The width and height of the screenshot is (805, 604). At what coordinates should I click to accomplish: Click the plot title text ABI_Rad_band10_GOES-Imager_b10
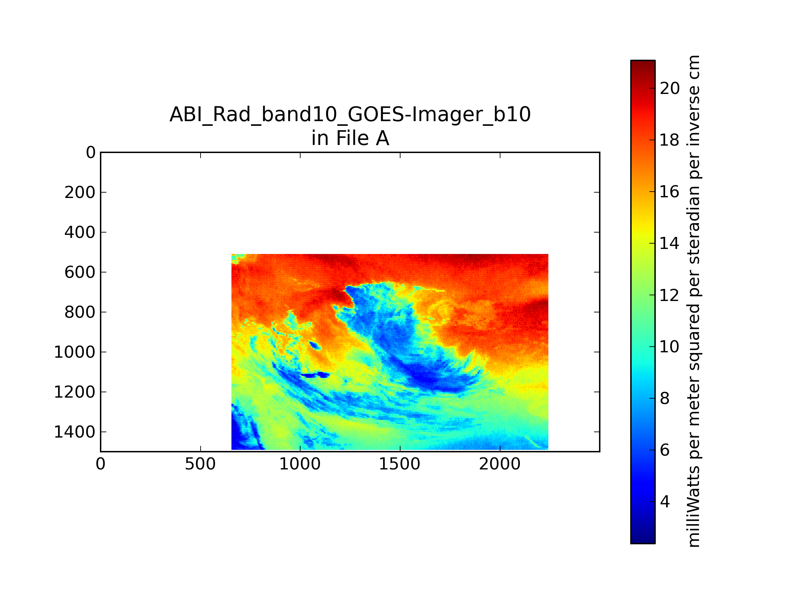[350, 115]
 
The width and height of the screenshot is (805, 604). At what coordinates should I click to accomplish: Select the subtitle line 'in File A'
[350, 138]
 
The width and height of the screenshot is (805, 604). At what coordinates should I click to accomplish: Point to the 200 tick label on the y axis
[80, 192]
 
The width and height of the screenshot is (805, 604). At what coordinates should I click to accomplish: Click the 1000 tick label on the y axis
[74, 352]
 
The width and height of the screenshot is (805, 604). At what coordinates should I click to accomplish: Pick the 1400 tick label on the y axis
[74, 432]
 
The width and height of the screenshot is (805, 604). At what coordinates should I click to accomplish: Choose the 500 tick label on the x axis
[201, 464]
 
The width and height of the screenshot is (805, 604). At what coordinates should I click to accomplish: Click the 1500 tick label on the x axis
[400, 464]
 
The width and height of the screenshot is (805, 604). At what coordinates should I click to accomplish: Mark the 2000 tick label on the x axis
[500, 464]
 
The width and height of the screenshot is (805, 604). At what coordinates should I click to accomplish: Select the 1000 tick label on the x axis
[300, 464]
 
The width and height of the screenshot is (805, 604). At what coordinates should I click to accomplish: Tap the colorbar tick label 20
[669, 89]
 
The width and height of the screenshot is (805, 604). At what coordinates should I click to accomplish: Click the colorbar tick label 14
[669, 243]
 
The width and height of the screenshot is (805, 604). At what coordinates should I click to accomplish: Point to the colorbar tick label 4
[665, 502]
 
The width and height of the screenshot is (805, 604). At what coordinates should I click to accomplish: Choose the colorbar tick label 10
[669, 347]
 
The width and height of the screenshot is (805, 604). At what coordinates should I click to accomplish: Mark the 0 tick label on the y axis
[91, 153]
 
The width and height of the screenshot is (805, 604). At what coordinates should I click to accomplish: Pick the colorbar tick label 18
[669, 140]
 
